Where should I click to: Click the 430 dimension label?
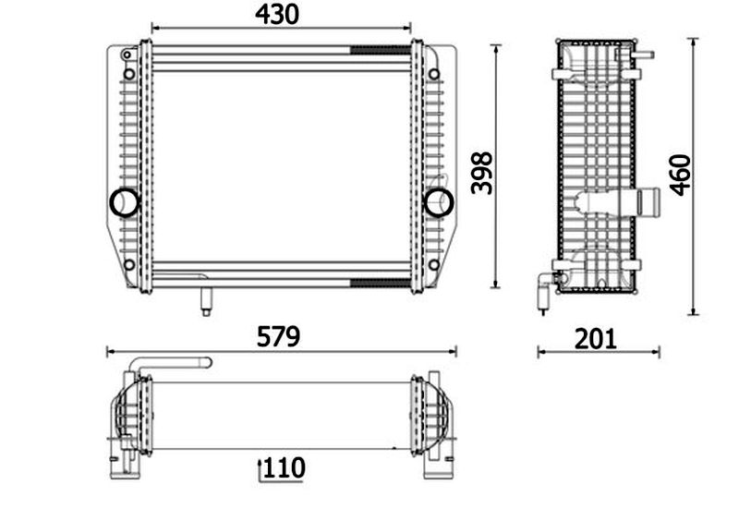pyautogui.click(x=276, y=14)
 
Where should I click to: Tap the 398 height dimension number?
pyautogui.click(x=481, y=173)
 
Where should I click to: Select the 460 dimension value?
pyautogui.click(x=680, y=175)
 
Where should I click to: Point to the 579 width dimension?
pyautogui.click(x=278, y=336)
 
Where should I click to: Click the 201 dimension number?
pyautogui.click(x=595, y=339)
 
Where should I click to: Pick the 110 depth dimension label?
pyautogui.click(x=285, y=467)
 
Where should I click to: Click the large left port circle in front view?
pyautogui.click(x=124, y=202)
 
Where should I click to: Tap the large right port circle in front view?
pyautogui.click(x=439, y=202)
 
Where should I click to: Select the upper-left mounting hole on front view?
pyautogui.click(x=129, y=74)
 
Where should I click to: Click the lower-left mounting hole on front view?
pyautogui.click(x=129, y=264)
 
